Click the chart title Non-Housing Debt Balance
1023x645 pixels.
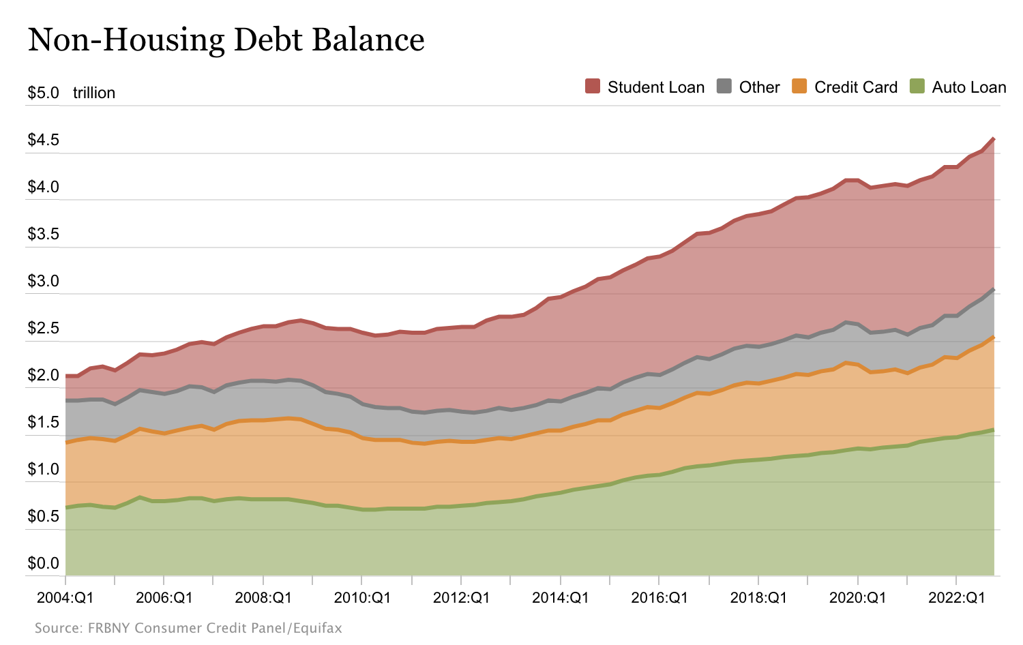point(226,40)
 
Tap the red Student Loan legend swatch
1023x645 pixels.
point(593,87)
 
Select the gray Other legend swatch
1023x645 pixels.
point(724,87)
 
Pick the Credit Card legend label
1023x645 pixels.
point(855,87)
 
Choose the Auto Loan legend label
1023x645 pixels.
point(968,87)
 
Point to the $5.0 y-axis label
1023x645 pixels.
point(43,93)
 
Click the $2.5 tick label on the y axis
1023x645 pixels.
point(43,328)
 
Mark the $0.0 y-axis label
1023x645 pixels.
point(43,563)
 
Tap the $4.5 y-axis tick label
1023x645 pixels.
point(43,140)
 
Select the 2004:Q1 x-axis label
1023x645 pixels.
point(65,598)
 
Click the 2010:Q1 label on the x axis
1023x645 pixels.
point(362,598)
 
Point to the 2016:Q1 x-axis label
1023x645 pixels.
point(659,598)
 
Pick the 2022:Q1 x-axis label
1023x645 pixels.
point(956,598)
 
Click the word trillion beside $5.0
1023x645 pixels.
point(94,93)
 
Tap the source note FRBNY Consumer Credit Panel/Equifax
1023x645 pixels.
point(188,628)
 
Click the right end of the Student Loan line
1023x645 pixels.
point(994,138)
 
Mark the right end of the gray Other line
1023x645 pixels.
point(994,289)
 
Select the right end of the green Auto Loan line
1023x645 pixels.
point(994,430)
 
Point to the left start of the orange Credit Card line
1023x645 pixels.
point(66,442)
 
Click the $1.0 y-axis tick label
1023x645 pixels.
point(43,469)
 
